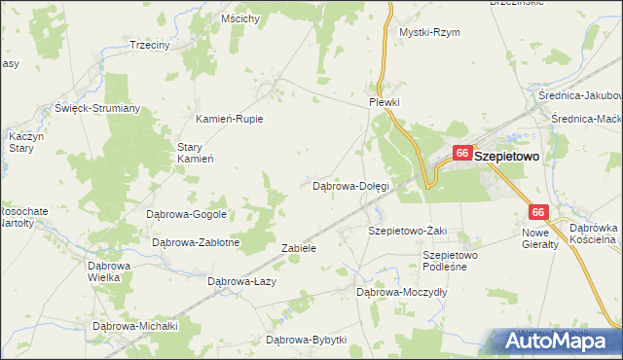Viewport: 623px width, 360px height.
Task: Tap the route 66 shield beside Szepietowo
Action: tap(462, 154)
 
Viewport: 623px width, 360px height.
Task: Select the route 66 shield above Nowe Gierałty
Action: tap(538, 212)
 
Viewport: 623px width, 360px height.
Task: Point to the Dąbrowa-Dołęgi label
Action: tap(349, 185)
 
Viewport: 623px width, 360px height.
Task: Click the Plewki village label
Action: tap(385, 102)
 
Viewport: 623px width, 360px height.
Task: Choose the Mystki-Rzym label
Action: tap(429, 32)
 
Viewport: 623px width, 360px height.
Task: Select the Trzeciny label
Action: tap(150, 45)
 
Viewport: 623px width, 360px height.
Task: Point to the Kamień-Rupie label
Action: tap(225, 119)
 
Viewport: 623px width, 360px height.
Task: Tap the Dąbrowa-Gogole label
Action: tap(186, 214)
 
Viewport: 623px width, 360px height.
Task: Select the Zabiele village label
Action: tap(299, 248)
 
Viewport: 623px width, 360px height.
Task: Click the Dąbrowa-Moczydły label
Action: tap(401, 291)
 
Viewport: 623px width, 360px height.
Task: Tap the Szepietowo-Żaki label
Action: tap(407, 231)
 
